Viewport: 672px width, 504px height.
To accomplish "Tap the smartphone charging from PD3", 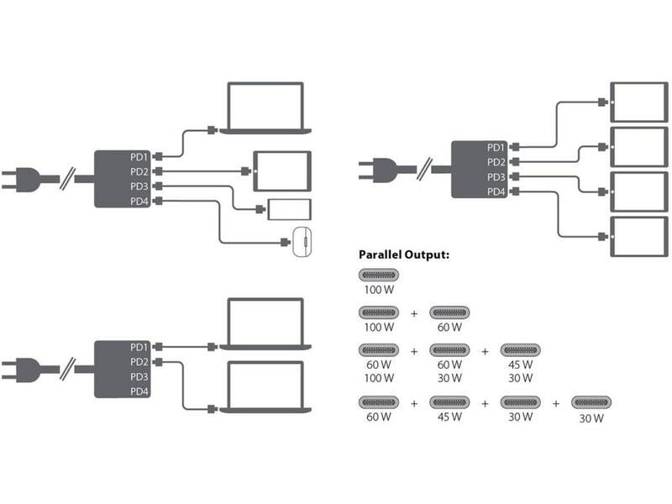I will coord(289,209).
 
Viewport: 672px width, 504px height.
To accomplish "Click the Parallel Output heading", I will coord(404,254).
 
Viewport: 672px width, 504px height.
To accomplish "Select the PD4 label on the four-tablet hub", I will coord(496,192).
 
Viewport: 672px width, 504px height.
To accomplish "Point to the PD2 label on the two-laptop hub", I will coord(139,362).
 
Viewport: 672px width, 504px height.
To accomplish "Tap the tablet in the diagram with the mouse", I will coord(281,171).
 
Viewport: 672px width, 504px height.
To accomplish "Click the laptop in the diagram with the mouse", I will coord(265,108).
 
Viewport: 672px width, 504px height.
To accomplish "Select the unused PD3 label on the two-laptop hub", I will coord(139,377).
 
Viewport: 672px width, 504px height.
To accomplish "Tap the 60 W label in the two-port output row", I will coord(449,326).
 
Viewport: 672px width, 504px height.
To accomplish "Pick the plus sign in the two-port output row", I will coord(413,312).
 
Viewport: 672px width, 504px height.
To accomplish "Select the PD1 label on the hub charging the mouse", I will coord(139,157).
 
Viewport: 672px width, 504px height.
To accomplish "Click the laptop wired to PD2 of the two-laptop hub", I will coord(265,386).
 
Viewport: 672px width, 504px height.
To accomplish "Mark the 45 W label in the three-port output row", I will coord(521,365).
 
